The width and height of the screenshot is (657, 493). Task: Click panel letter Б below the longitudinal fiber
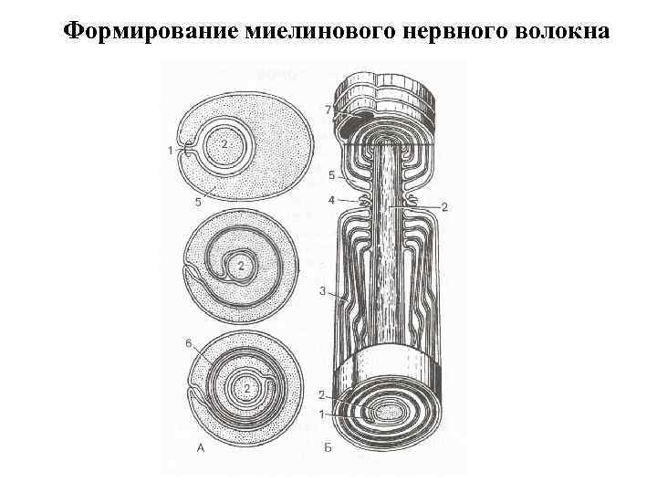[x=327, y=447]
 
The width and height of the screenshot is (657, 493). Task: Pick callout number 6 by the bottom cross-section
[x=189, y=343]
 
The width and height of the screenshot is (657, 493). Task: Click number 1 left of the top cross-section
[x=171, y=152]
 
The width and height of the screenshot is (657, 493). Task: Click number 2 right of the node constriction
[x=444, y=208]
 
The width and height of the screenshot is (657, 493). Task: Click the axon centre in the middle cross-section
[x=240, y=266]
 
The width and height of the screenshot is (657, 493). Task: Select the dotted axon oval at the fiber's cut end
[x=391, y=413]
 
